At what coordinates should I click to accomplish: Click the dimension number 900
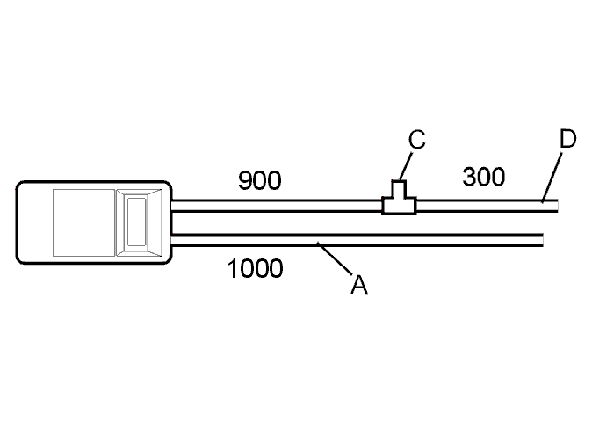(x=260, y=180)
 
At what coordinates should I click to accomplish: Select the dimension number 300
(x=484, y=177)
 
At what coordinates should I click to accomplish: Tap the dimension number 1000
(x=255, y=269)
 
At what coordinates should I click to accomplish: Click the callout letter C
(x=417, y=140)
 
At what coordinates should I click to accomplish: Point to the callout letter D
(x=567, y=139)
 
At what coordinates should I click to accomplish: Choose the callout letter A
(x=358, y=285)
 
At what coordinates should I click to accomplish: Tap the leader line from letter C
(x=406, y=166)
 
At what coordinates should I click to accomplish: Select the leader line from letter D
(x=552, y=177)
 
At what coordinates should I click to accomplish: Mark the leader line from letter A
(x=335, y=258)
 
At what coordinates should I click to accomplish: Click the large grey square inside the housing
(x=83, y=222)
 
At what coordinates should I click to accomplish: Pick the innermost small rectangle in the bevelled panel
(x=137, y=222)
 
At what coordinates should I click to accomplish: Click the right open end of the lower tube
(x=543, y=240)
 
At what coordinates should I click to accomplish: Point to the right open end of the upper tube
(x=557, y=206)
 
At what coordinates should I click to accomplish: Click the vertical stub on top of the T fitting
(x=399, y=189)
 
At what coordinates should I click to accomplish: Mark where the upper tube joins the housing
(x=172, y=206)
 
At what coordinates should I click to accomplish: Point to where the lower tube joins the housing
(x=172, y=240)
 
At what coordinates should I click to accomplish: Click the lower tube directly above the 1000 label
(x=255, y=240)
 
